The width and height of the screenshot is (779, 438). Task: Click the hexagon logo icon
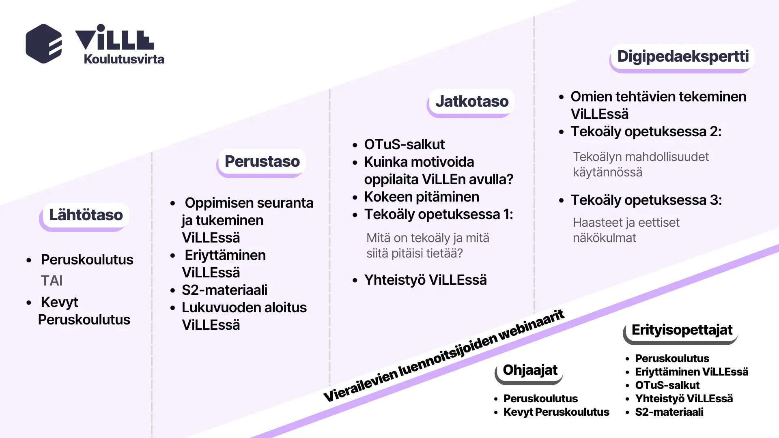coord(44,44)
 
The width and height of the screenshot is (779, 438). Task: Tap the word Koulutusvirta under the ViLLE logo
coord(124,59)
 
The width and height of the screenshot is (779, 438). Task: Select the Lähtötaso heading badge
coord(86,215)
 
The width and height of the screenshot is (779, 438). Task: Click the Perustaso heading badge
coord(262,161)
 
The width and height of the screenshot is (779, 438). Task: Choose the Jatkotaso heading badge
coord(472,101)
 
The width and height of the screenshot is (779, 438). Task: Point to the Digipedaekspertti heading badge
coord(683,56)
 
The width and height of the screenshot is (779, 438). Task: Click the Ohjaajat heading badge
coord(530,370)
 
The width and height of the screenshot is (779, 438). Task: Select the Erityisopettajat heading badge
coord(682,330)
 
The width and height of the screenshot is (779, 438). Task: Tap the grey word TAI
coord(52,281)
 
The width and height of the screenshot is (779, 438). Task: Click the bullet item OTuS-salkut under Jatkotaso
coord(404,144)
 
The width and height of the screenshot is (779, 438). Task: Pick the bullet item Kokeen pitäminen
coord(422,197)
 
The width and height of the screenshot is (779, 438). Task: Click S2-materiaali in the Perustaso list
coord(224,290)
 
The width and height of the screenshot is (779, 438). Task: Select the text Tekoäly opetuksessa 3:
coord(646,200)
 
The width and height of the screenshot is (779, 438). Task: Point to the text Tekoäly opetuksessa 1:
coord(438,214)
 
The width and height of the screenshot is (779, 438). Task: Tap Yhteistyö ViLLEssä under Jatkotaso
coord(425,280)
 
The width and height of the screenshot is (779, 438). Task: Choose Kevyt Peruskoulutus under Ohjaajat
coord(556,412)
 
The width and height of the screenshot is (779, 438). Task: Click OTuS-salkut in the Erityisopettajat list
coord(667,385)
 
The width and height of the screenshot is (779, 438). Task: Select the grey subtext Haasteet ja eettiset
coord(626,223)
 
